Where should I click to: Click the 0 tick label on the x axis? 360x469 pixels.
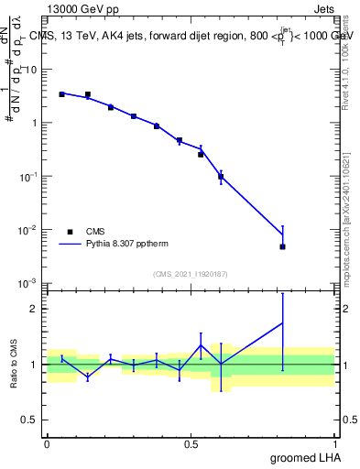tap(47, 443)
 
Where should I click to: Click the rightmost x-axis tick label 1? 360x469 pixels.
tap(334, 443)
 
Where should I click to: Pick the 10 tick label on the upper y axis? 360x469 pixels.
tap(32, 69)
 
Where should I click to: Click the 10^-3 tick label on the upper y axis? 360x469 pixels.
tap(29, 282)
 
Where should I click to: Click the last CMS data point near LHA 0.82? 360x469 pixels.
tap(283, 246)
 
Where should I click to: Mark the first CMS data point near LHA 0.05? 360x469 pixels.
tap(61, 94)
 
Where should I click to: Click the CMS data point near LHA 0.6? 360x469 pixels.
tap(221, 177)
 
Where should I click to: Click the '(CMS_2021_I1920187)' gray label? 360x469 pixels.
tap(191, 274)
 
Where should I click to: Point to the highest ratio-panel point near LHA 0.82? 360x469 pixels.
tap(283, 322)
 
